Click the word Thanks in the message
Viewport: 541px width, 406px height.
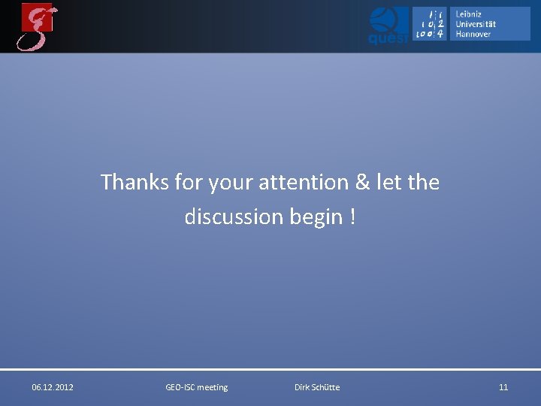click(x=135, y=182)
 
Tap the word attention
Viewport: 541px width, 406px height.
click(x=303, y=182)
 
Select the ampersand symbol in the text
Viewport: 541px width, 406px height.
click(x=361, y=182)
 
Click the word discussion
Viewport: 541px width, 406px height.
click(x=234, y=217)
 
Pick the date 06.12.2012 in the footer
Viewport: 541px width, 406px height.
click(x=53, y=387)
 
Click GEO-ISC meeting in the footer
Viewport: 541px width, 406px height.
click(x=196, y=387)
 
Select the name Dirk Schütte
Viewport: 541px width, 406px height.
click(x=317, y=387)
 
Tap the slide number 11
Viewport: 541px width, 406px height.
click(x=503, y=387)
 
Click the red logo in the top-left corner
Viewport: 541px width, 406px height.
click(x=38, y=26)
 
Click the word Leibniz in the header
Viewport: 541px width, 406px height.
click(x=469, y=14)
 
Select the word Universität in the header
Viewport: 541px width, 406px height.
click(x=476, y=24)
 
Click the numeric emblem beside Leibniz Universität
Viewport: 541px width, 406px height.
click(x=430, y=24)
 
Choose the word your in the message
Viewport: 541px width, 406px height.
click(x=230, y=182)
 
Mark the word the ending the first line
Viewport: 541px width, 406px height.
click(x=425, y=182)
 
